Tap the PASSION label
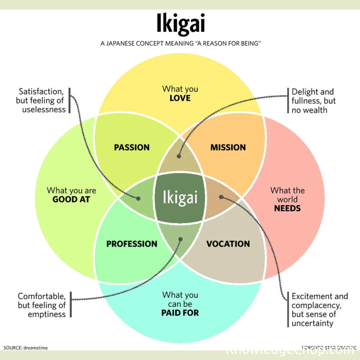132,147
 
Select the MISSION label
228,147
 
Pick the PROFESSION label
132,244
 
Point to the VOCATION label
228,244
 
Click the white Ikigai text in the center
180,197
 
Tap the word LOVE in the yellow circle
180,98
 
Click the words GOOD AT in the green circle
71,199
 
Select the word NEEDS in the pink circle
287,208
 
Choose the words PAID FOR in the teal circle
180,313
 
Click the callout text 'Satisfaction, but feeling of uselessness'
41,100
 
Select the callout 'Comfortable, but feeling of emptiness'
42,305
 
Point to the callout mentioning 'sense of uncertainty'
319,310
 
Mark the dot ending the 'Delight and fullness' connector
179,156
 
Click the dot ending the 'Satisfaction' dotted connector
138,198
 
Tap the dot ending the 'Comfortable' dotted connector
181,239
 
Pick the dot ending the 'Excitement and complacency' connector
221,197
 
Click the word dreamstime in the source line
36,348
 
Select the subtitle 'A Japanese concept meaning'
180,44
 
